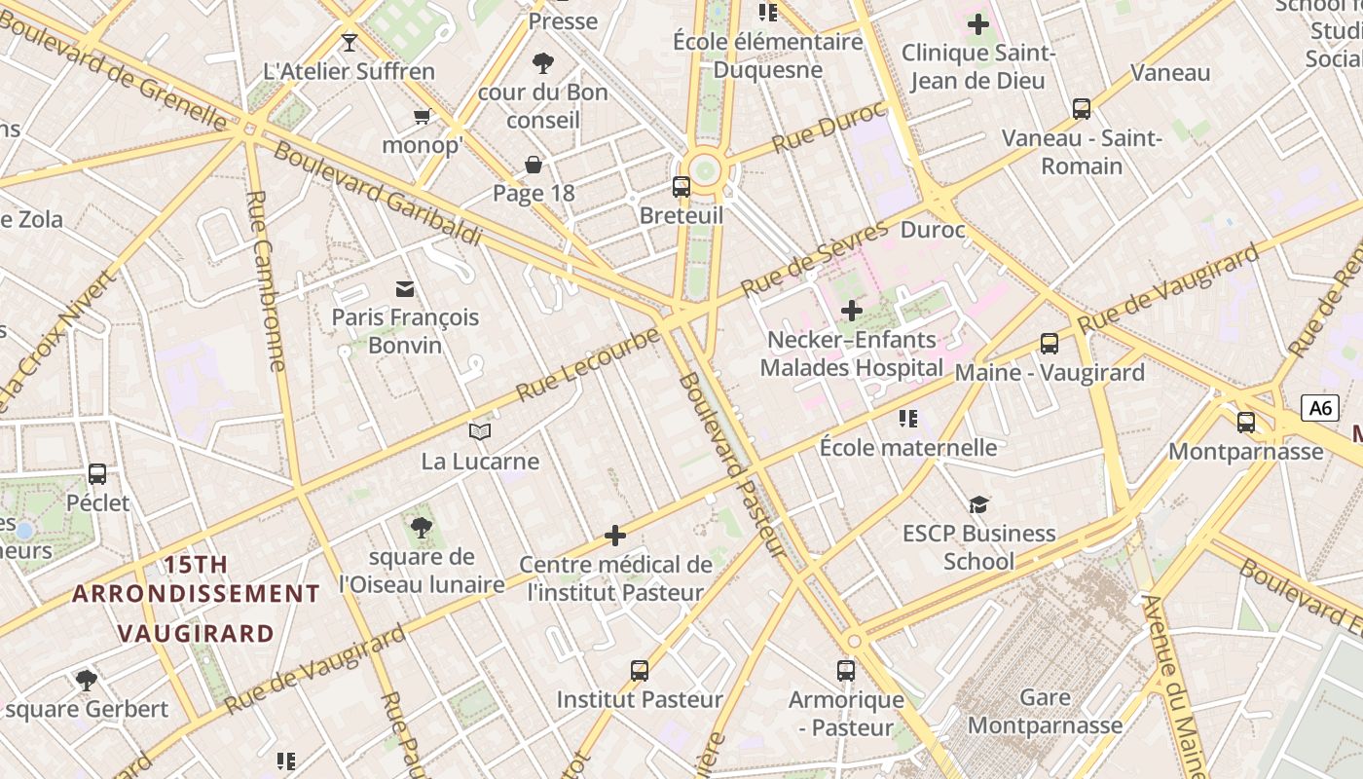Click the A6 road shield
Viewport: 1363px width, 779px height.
[1320, 408]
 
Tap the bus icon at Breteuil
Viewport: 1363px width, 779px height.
[681, 186]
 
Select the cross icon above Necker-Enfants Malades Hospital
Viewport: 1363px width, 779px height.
[852, 312]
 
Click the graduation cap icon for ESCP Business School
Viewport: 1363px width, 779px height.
[978, 504]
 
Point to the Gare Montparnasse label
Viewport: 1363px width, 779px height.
[1045, 712]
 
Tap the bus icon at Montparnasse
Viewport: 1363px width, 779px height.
[1246, 423]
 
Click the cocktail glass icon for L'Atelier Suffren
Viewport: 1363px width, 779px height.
[350, 43]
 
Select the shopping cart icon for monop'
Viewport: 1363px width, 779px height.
[422, 117]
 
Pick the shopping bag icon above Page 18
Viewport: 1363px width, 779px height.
[534, 164]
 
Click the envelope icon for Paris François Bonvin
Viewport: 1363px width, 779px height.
[404, 288]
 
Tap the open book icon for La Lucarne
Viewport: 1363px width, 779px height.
[480, 431]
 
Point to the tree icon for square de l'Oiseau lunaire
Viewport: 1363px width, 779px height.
[422, 528]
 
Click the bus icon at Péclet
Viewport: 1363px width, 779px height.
[97, 474]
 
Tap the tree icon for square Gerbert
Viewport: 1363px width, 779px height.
[86, 680]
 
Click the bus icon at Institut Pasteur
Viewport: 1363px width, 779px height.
[640, 670]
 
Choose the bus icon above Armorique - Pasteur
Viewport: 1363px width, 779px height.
[846, 670]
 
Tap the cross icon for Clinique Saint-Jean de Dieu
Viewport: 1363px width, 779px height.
[978, 24]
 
